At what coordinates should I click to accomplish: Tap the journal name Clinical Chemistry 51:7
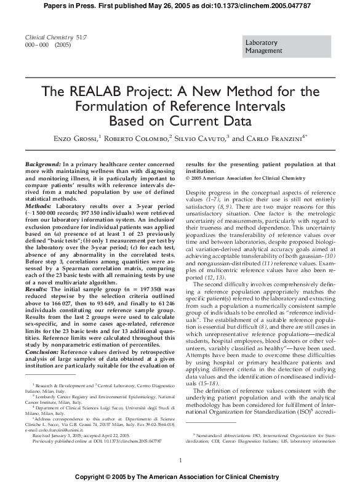(46, 38)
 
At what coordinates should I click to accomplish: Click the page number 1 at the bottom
(180, 460)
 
